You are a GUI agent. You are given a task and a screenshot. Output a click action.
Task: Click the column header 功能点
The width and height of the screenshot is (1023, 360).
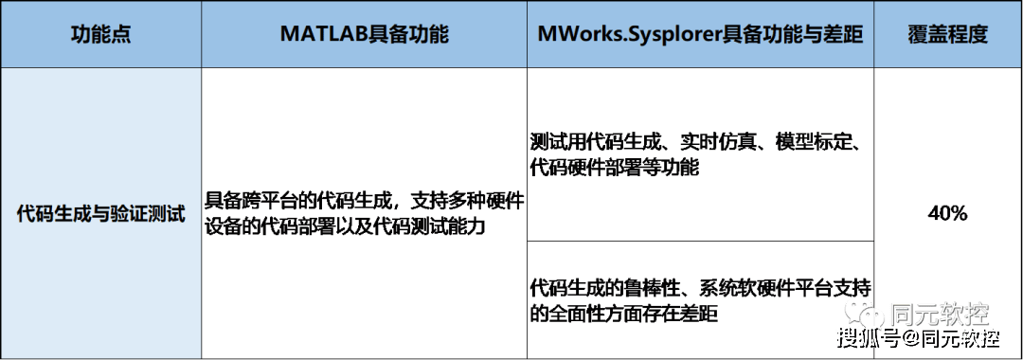[100, 35]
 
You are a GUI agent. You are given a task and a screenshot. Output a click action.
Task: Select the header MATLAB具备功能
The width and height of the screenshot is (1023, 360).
[365, 35]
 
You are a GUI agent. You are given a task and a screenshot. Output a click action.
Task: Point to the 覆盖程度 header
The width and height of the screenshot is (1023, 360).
[947, 35]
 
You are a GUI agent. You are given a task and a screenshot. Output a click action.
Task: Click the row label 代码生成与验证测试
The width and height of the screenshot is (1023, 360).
[100, 213]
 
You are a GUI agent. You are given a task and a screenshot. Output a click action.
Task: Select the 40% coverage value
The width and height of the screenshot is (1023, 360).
[947, 214]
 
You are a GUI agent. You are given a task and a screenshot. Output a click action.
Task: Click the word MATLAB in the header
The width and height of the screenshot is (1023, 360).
[322, 35]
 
